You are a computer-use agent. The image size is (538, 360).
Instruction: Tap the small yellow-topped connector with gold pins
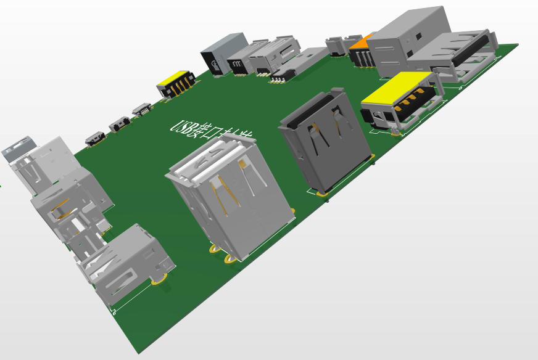(x=176, y=83)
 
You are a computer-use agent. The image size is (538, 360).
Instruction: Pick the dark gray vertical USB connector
(x=326, y=141)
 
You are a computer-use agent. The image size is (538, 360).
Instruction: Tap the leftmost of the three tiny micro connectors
(x=94, y=139)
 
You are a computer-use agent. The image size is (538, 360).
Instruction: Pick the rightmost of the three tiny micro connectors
(x=142, y=110)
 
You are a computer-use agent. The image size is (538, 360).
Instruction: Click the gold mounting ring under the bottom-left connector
(x=160, y=279)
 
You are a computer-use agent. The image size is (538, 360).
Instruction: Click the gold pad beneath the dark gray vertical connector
(x=322, y=194)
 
